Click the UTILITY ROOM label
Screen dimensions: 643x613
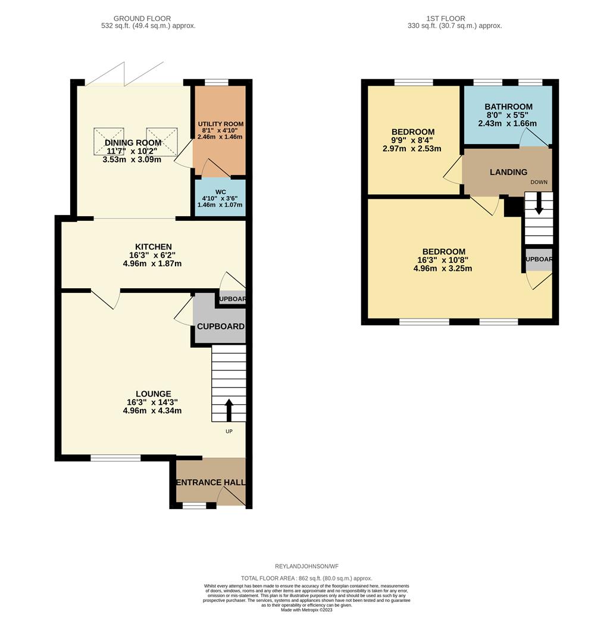[x=221, y=124]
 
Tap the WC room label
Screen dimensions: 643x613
[x=220, y=192]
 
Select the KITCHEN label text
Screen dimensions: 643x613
[x=154, y=246]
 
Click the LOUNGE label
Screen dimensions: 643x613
[x=153, y=394]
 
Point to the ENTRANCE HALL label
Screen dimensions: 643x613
[x=211, y=482]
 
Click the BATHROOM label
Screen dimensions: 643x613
[x=508, y=107]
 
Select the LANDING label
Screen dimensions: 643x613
[x=508, y=172]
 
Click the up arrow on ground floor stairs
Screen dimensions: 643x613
[x=229, y=411]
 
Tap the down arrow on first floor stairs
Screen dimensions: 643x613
[x=539, y=205]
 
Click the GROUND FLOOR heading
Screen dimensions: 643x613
[x=148, y=18]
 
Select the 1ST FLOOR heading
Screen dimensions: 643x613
[x=446, y=18]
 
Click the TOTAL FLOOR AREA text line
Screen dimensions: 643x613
[x=306, y=578]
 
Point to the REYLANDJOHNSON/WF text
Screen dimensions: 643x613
[x=306, y=566]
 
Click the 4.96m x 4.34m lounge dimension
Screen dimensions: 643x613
[x=152, y=411]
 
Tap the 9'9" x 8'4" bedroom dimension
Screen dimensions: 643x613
[x=412, y=140]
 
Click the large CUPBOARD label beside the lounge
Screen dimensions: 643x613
[x=220, y=326]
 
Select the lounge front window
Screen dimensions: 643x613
[x=115, y=458]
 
